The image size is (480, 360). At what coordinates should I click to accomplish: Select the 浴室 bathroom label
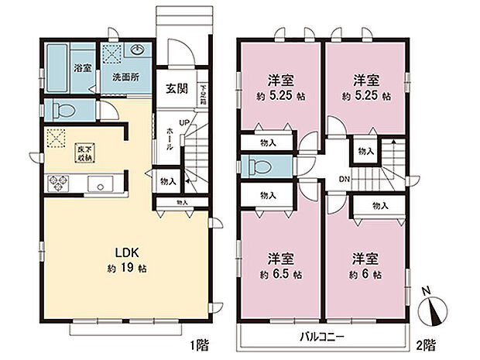(x=82, y=68)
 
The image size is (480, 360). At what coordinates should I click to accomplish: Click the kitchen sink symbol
(x=101, y=185)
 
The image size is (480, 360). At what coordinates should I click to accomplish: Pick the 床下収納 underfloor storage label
(x=82, y=153)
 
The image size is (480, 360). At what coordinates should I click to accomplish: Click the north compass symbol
(x=430, y=312)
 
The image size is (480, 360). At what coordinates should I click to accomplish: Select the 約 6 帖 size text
(x=363, y=274)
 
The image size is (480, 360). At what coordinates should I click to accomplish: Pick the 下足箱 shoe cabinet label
(x=202, y=94)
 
